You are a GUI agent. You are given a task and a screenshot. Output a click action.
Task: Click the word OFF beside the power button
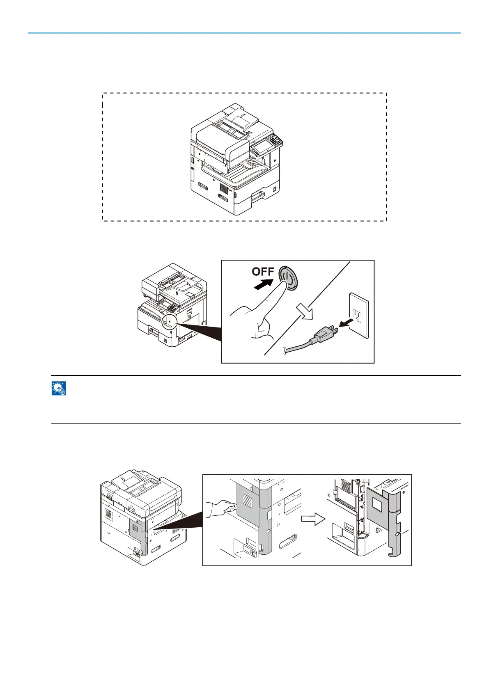pos(263,272)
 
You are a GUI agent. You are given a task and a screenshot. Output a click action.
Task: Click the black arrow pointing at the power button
pos(263,284)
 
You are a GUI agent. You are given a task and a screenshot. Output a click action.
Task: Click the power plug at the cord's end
pos(326,334)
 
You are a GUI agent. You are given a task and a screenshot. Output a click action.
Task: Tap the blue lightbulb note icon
pos(59,388)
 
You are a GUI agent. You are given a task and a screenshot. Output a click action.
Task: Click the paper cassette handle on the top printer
pos(259,194)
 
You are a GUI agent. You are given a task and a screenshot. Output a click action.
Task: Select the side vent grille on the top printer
pos(224,189)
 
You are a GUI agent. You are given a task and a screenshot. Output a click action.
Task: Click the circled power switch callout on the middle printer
pos(169,321)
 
